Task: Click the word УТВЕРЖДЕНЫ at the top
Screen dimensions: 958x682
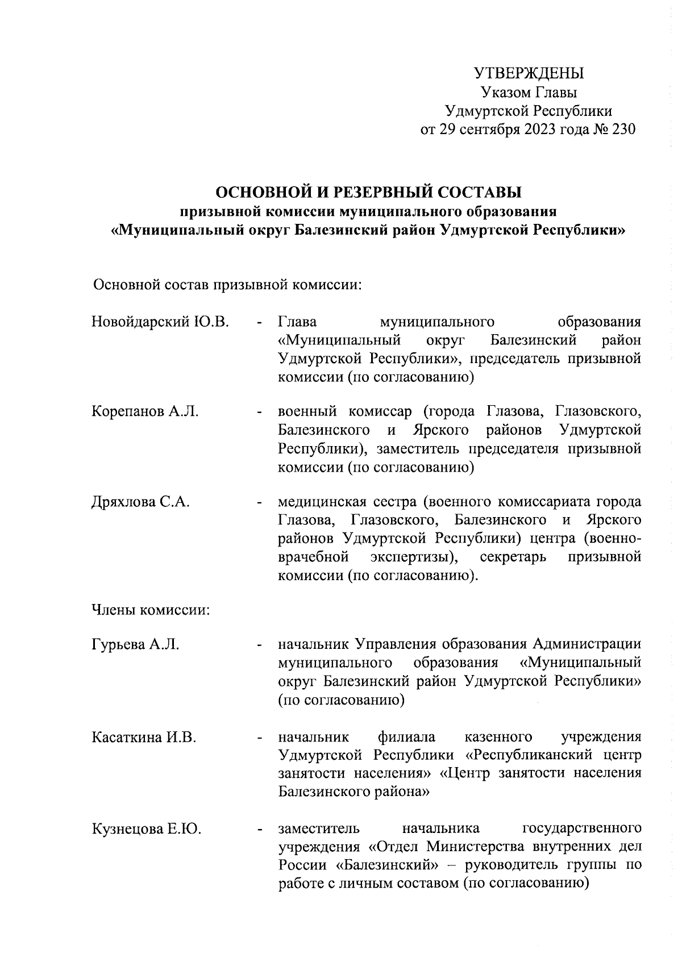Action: coord(529,74)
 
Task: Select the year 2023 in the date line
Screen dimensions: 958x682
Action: coord(544,130)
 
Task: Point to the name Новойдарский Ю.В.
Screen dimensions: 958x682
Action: coord(160,322)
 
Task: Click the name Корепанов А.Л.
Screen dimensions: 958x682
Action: coord(145,411)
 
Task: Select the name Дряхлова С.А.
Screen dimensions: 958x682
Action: coord(140,502)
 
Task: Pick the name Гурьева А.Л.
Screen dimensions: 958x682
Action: coord(135,644)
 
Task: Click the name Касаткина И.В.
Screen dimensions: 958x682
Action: coord(144,738)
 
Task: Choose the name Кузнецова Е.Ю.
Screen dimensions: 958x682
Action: coord(146,829)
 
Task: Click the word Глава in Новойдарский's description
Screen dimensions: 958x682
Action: coord(297,322)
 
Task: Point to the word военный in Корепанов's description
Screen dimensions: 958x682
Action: coord(307,411)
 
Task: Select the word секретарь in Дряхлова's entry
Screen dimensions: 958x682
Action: coord(513,557)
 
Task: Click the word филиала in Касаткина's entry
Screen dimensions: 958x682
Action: coord(407,738)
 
